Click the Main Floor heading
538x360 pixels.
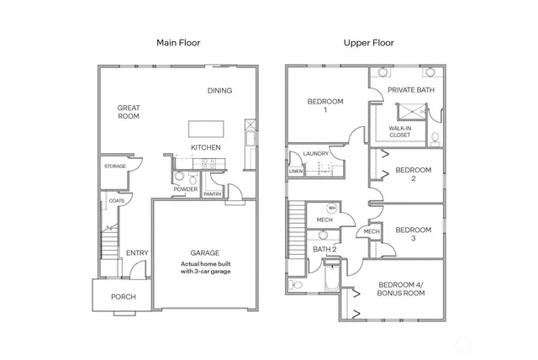[x=177, y=42]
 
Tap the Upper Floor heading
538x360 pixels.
[x=367, y=42]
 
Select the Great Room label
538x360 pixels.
[x=129, y=112]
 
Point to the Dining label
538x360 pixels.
[x=220, y=91]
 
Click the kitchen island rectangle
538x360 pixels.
[x=207, y=128]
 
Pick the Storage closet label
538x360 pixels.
[x=115, y=167]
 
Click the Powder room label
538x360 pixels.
[x=186, y=189]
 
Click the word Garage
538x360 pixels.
[x=204, y=252]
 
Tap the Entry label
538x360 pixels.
[x=137, y=253]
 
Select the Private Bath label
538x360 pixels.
[x=410, y=90]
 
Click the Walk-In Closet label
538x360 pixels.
[x=399, y=131]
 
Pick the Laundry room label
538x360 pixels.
[x=316, y=154]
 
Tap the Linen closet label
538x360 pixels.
[x=295, y=172]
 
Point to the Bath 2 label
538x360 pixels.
[x=325, y=250]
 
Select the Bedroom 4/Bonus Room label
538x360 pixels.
[x=401, y=289]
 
